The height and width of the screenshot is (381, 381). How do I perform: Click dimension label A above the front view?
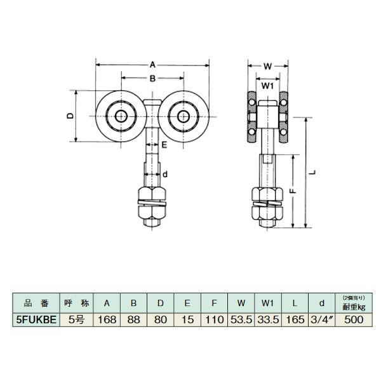click(x=152, y=65)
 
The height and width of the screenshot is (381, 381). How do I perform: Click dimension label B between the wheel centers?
click(x=152, y=78)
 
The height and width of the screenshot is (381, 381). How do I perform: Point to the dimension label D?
click(x=70, y=116)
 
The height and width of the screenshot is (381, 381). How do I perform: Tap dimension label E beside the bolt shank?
click(x=164, y=145)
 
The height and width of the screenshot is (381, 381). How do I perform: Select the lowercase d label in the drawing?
click(x=165, y=174)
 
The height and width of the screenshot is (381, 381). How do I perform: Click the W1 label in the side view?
click(x=268, y=86)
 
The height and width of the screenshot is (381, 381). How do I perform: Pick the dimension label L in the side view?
click(x=314, y=172)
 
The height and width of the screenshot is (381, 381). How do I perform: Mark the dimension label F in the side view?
click(x=293, y=190)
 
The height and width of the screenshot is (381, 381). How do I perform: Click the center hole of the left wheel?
click(x=121, y=116)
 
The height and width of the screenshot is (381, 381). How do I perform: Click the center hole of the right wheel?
click(x=184, y=116)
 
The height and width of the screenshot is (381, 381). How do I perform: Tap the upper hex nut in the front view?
click(x=152, y=193)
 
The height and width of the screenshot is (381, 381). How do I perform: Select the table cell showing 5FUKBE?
click(x=36, y=319)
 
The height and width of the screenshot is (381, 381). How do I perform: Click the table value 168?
click(x=107, y=319)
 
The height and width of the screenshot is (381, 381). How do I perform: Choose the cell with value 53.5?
click(x=241, y=319)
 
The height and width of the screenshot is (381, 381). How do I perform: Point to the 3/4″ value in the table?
click(x=321, y=319)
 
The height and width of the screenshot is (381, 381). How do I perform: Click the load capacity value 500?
click(x=354, y=319)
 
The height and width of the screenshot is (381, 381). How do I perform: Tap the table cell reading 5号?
click(x=76, y=319)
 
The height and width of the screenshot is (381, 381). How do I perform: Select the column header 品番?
click(x=36, y=304)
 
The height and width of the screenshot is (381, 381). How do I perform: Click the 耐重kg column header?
click(x=354, y=307)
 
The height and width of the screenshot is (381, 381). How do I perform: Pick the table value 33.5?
click(x=268, y=319)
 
